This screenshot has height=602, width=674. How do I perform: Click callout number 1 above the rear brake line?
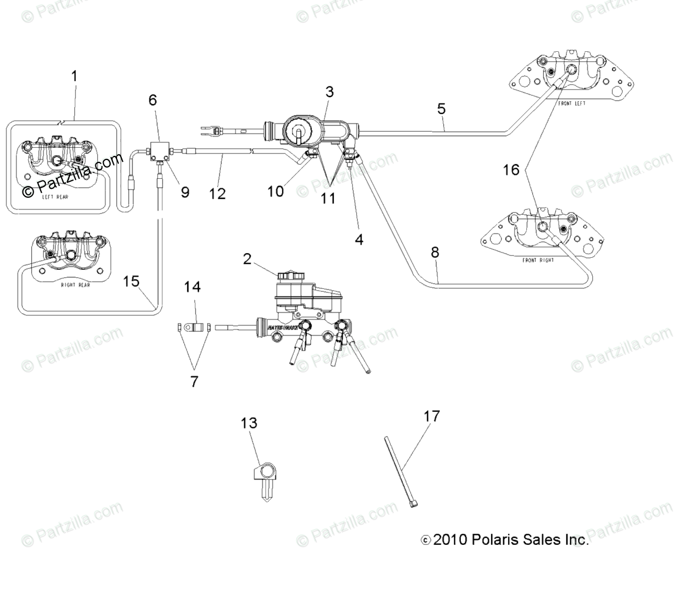(x=74, y=77)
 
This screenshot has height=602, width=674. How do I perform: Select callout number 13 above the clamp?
(x=249, y=423)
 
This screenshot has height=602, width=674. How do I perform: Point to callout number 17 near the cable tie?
(x=431, y=417)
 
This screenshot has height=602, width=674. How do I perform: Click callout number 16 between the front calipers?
(x=512, y=170)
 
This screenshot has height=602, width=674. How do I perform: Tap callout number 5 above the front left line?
(x=441, y=109)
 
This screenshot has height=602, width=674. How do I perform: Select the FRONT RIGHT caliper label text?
(x=538, y=260)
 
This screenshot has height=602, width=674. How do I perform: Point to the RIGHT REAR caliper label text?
(x=76, y=285)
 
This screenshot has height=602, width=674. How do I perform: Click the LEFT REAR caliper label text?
(x=55, y=197)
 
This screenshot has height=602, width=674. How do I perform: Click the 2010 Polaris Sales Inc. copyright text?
(x=505, y=540)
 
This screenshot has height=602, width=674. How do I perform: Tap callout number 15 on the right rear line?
(x=131, y=281)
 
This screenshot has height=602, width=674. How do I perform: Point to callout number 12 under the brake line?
(x=218, y=194)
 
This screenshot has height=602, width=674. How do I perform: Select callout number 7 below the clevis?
(x=194, y=381)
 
